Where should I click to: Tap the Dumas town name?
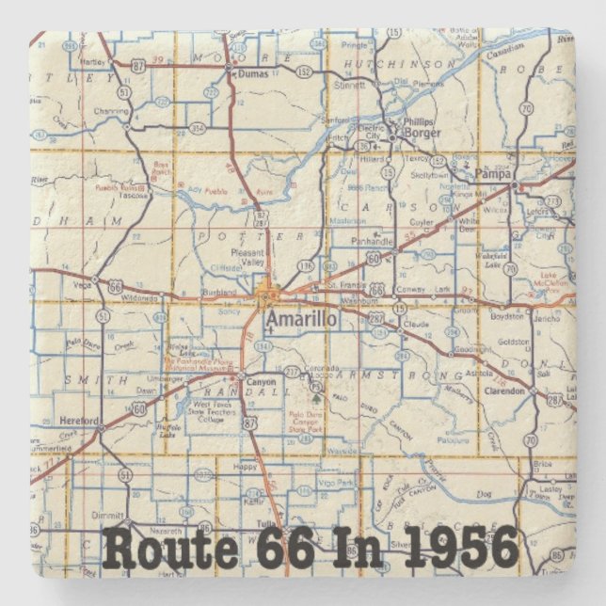click(253, 72)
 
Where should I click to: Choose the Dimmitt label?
click(110, 517)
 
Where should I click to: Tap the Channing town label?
click(110, 110)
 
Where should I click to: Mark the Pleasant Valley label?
click(249, 258)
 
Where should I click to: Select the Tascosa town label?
click(136, 196)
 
